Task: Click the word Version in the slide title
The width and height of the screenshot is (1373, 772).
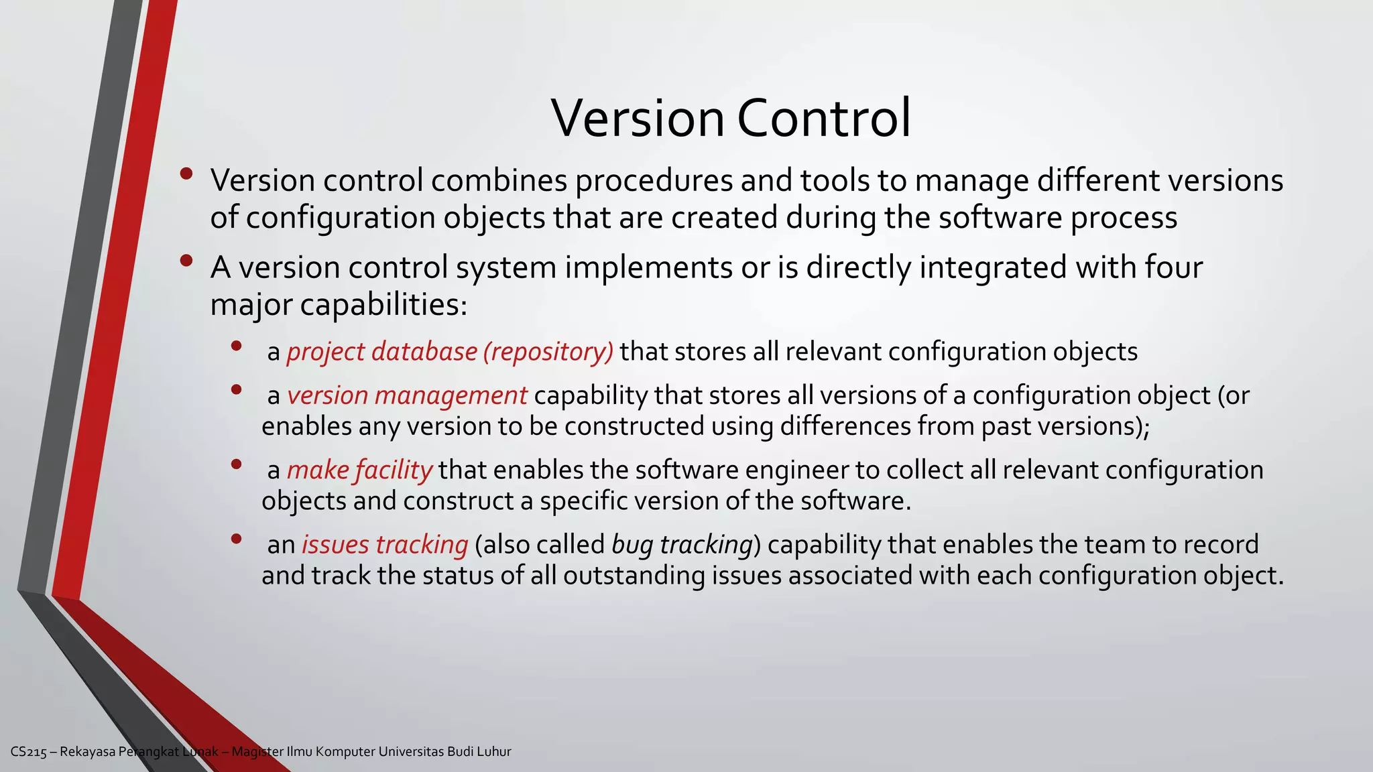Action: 638,118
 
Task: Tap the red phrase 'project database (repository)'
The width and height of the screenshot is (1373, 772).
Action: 450,352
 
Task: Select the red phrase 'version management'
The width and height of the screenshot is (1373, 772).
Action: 407,395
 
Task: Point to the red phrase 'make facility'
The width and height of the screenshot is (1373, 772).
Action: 359,470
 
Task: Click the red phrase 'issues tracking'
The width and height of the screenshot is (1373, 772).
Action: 385,544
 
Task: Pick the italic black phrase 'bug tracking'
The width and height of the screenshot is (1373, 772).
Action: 682,544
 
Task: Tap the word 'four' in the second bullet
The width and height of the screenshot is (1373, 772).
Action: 1173,267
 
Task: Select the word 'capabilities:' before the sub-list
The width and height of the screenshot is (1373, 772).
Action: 383,305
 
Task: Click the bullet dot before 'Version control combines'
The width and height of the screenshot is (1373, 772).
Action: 186,174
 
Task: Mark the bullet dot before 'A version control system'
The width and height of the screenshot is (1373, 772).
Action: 186,261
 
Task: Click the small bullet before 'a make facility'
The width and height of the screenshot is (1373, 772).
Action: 235,464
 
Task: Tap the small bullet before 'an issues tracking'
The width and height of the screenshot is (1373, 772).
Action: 235,538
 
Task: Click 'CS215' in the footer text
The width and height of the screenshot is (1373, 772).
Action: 29,752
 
